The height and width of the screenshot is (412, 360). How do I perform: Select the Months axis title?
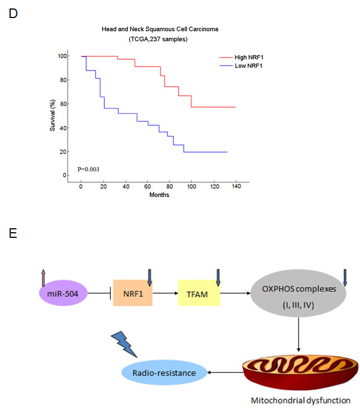pos(159,195)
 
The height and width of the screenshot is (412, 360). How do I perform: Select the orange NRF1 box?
pos(132,293)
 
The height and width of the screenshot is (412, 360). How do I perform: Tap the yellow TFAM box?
pos(197,293)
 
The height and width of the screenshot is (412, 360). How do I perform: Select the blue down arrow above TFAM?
pos(217,276)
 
